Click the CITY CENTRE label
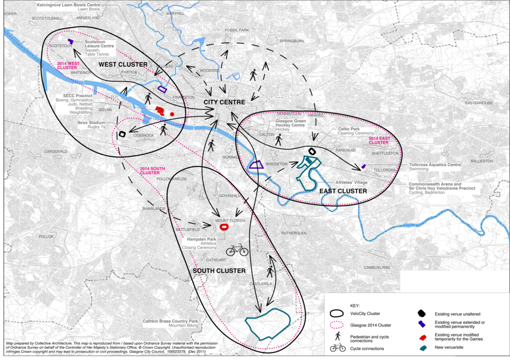click(x=224, y=103)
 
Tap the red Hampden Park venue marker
click(x=224, y=227)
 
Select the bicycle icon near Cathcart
click(x=237, y=249)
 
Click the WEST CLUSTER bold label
click(x=123, y=64)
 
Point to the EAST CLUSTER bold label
click(x=343, y=191)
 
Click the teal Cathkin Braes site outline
click(x=266, y=324)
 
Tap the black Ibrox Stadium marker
click(x=122, y=134)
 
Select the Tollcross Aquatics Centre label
click(x=434, y=165)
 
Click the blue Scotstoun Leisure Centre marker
click(x=70, y=42)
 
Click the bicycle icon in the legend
click(x=338, y=348)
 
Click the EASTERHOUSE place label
click(x=478, y=103)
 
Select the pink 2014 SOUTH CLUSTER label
click(x=153, y=172)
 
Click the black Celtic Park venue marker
click(x=312, y=151)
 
